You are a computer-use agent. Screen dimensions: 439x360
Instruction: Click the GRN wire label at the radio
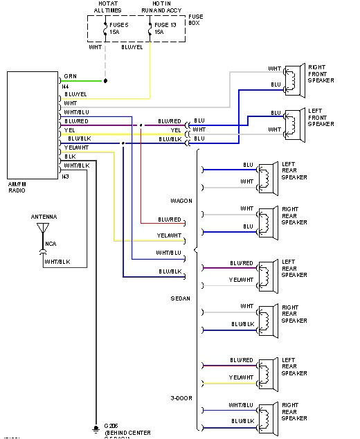(71, 75)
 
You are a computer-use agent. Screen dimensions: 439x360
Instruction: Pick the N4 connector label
(66, 86)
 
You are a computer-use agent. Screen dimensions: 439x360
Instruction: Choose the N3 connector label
(66, 177)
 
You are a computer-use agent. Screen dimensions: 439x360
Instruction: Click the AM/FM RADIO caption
(17, 186)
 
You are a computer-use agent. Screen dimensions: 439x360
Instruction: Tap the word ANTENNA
(44, 217)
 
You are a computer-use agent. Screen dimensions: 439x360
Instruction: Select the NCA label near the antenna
(51, 244)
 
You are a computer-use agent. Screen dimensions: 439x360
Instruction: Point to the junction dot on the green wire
(105, 81)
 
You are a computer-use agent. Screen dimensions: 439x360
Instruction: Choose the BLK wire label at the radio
(70, 156)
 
